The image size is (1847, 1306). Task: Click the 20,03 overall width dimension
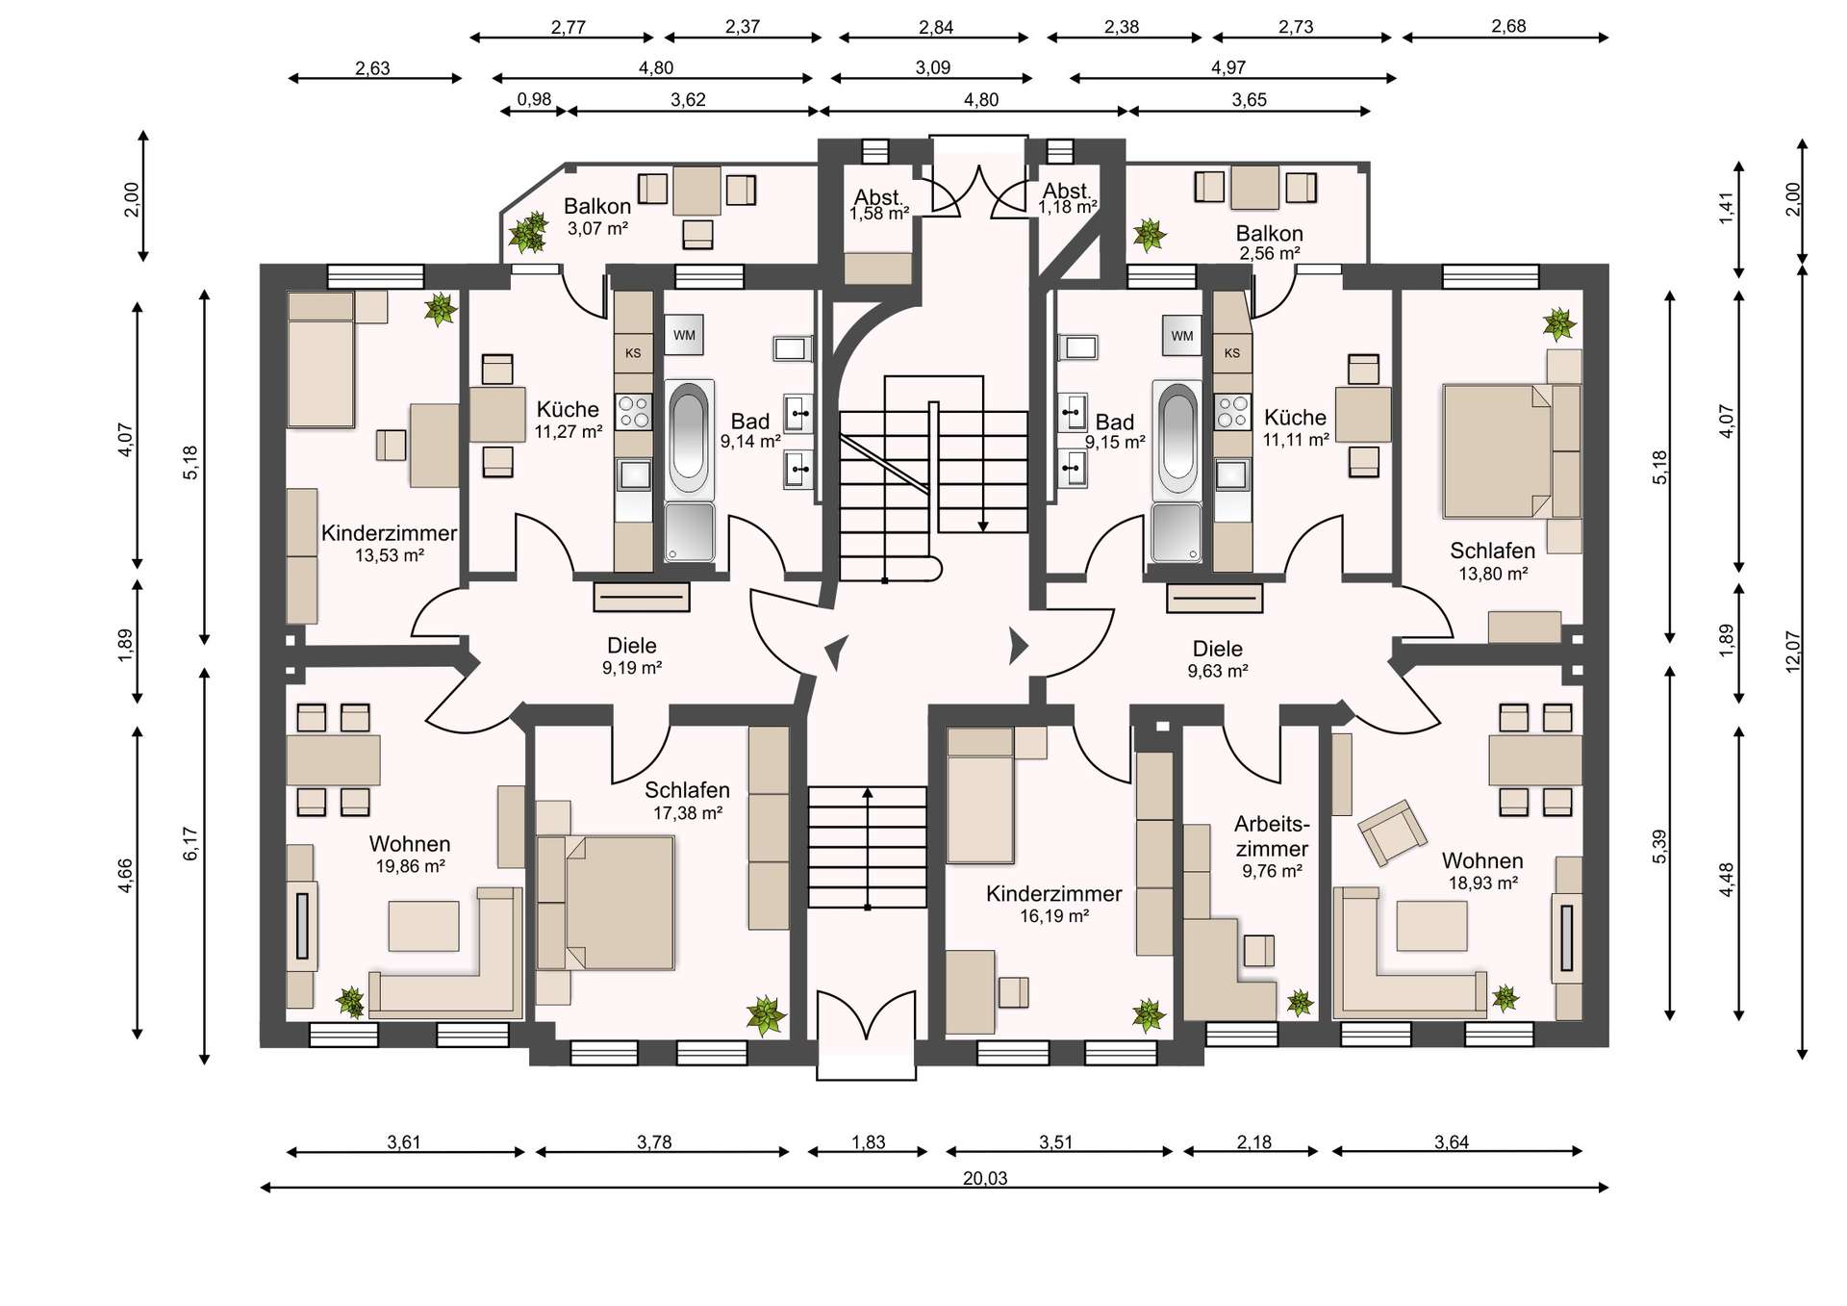point(985,1178)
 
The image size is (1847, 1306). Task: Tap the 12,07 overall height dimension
point(1792,652)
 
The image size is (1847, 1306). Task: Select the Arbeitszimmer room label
point(1272,836)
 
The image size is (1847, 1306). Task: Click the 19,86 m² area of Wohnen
point(410,866)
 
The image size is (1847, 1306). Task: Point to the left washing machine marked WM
point(684,335)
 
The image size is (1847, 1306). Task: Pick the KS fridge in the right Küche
point(1232,353)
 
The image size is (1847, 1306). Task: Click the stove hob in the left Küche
point(633,412)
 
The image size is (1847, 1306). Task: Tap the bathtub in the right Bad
point(1177,439)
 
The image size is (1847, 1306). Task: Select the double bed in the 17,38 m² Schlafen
point(605,902)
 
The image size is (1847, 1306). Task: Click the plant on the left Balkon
point(527,232)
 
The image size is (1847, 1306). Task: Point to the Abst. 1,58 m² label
point(879,205)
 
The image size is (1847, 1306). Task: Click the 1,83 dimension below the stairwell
point(869,1142)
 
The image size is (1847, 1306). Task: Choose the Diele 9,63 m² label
point(1218,659)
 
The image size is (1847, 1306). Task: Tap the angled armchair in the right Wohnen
point(1392,832)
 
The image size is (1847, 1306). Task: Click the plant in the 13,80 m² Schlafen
point(1558,324)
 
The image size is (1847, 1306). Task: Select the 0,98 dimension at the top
point(534,99)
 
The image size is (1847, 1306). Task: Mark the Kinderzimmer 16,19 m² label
point(1054,904)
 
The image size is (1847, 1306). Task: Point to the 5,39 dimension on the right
point(1659,846)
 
